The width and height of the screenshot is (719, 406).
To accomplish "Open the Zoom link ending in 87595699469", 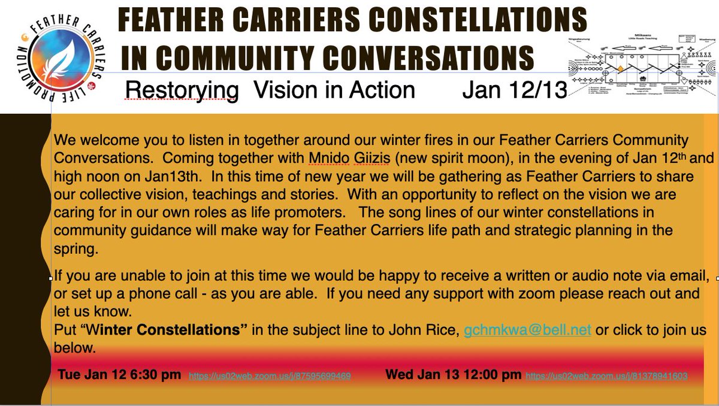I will (x=270, y=377).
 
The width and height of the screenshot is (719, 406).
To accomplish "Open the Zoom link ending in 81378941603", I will (x=606, y=377).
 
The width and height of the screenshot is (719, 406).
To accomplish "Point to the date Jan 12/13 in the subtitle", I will (x=513, y=90).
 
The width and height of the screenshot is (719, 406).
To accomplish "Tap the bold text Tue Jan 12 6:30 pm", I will (x=119, y=375).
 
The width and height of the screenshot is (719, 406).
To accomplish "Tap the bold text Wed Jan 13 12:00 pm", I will (x=453, y=375).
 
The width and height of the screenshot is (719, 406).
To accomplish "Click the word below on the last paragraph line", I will (x=74, y=347).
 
